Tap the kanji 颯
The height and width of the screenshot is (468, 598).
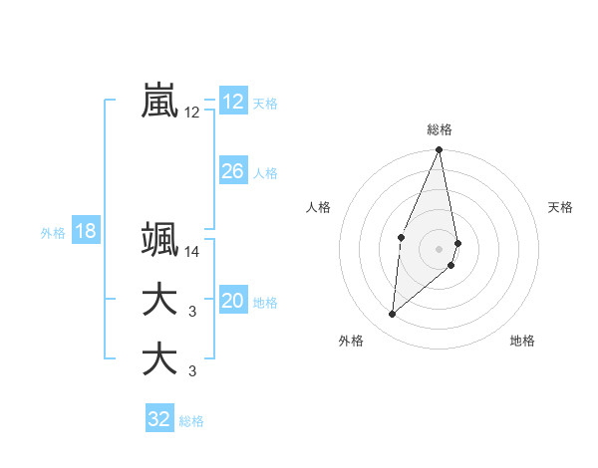(x=159, y=240)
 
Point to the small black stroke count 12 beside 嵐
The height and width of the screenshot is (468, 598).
(x=192, y=114)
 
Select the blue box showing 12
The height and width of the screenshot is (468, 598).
(x=232, y=101)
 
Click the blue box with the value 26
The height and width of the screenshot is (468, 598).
(x=232, y=171)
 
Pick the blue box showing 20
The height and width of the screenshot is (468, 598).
(x=232, y=301)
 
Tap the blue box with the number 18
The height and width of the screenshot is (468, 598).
(x=86, y=231)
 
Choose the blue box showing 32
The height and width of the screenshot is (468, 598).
(x=159, y=419)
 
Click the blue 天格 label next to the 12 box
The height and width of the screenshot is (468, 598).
(x=265, y=104)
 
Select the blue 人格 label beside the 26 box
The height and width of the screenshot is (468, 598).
(x=265, y=173)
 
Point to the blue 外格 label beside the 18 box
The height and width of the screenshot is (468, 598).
(x=53, y=233)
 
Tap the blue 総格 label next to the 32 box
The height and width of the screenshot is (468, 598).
(x=191, y=421)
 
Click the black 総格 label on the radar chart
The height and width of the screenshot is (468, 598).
(x=440, y=130)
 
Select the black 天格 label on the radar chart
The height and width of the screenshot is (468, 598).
(x=561, y=207)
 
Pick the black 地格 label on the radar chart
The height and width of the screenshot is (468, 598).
(x=522, y=341)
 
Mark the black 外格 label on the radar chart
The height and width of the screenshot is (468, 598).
(x=351, y=341)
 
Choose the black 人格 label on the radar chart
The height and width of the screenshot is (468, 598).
(x=318, y=207)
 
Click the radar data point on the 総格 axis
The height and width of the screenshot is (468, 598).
(x=440, y=150)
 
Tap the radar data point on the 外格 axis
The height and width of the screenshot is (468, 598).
(x=393, y=314)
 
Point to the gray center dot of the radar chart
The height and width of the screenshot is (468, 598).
(x=440, y=248)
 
